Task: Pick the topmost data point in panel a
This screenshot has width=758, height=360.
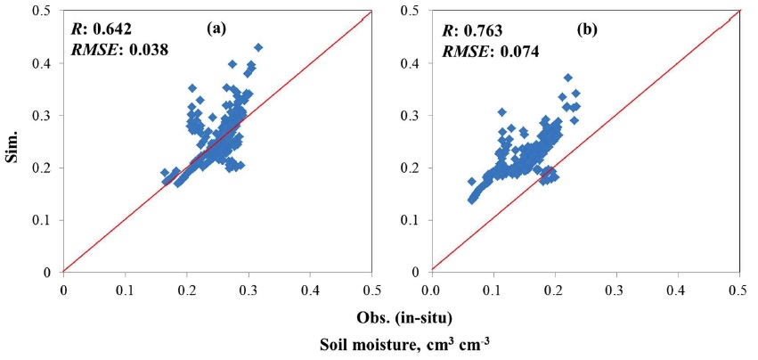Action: tap(258, 47)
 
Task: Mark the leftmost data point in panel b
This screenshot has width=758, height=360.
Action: tap(471, 182)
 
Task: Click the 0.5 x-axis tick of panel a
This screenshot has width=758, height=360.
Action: tap(372, 289)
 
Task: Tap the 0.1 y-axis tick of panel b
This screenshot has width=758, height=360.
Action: tap(415, 220)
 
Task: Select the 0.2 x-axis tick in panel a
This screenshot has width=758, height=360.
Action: tap(187, 289)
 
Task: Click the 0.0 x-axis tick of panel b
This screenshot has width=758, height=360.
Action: tap(431, 289)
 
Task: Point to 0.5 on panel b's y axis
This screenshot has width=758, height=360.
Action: tap(415, 11)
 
